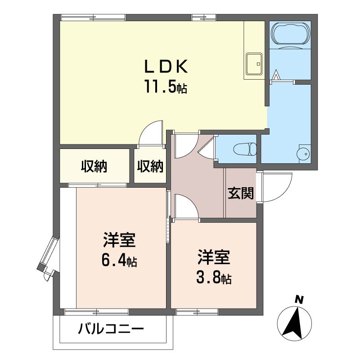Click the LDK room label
pos(166,67)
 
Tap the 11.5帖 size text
pos(166,86)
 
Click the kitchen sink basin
pos(254,64)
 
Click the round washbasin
pos(303,153)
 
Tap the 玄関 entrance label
pos(241,193)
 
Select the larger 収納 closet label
pos(94,166)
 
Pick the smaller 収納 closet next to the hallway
pos(150,166)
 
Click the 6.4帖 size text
pos(119,261)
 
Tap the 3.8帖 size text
pos(214,277)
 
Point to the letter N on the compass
pos(299,299)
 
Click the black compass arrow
pos(293,323)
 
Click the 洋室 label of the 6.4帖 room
pos(119,240)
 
